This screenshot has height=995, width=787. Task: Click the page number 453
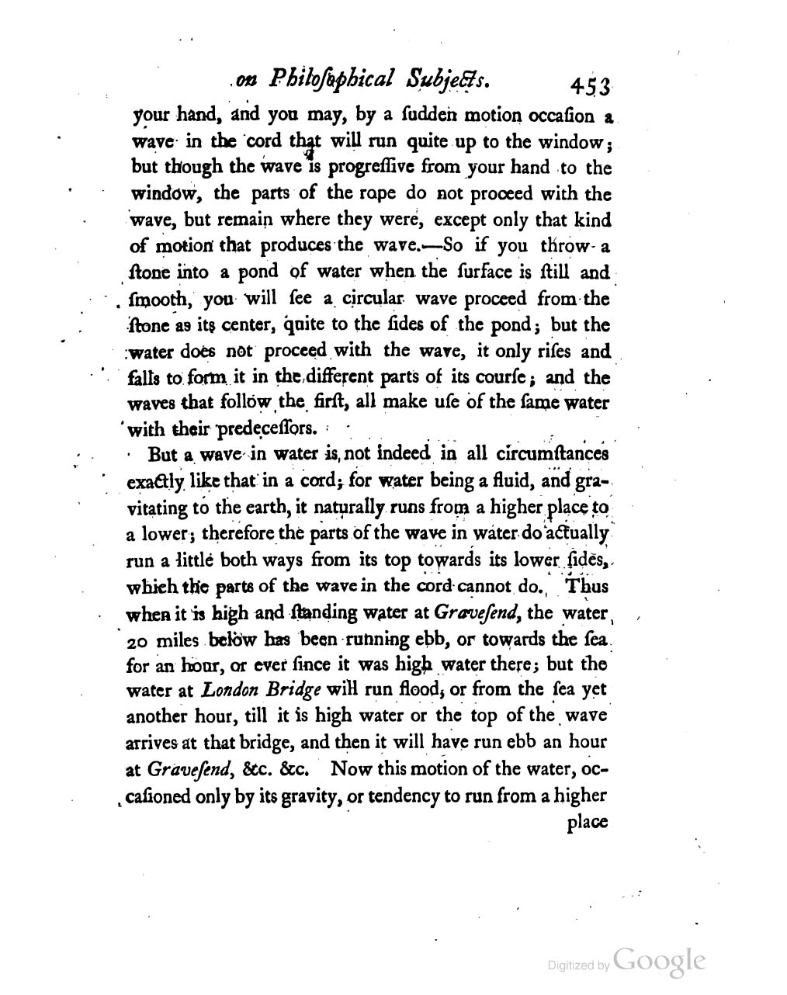(x=591, y=85)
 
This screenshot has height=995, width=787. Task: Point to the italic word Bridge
(x=292, y=689)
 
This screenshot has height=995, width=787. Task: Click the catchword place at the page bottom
(x=588, y=822)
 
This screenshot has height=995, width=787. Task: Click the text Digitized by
(x=577, y=966)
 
